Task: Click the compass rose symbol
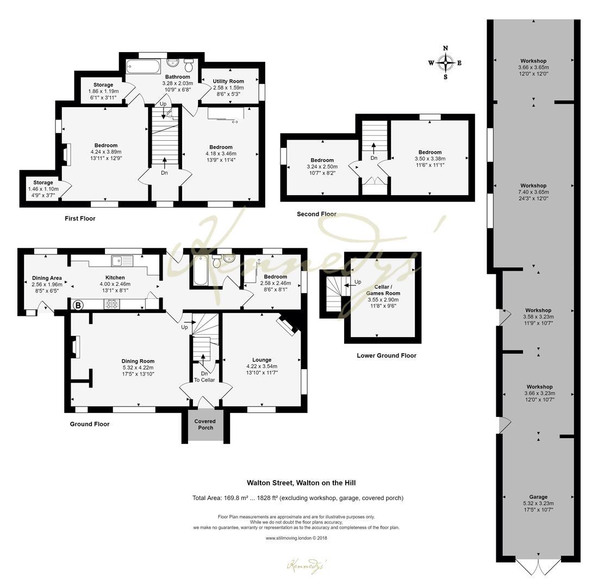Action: (445, 63)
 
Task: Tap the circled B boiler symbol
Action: (78, 305)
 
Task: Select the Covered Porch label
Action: (205, 424)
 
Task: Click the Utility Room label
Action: (228, 81)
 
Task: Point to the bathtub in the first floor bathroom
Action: (143, 67)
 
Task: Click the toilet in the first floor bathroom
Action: (189, 65)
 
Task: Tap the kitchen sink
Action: (122, 261)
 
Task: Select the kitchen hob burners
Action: (112, 305)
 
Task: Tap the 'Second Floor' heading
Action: (316, 214)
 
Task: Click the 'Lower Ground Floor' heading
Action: (387, 355)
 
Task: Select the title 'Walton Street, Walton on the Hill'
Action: (301, 483)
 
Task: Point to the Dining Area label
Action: (47, 278)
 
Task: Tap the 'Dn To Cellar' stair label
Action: (204, 377)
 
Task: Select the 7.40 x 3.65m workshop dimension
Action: (533, 192)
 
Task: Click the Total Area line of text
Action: (297, 498)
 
